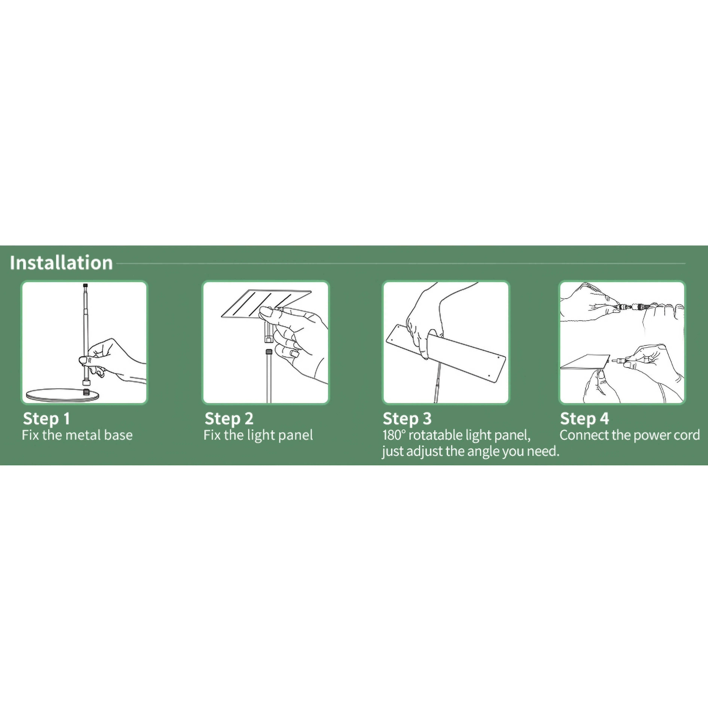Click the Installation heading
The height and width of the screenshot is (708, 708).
click(x=61, y=263)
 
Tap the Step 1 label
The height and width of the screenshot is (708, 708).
click(x=46, y=418)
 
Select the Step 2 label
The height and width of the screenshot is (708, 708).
click(x=229, y=418)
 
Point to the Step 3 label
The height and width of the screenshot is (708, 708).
click(x=407, y=418)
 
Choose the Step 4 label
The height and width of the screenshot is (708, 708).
click(x=584, y=418)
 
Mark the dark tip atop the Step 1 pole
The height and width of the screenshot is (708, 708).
click(x=85, y=285)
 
